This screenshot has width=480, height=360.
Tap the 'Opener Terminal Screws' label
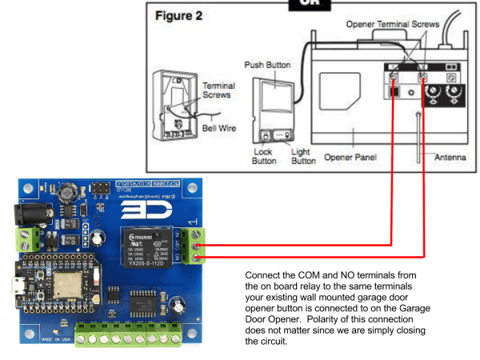pos(393,25)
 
